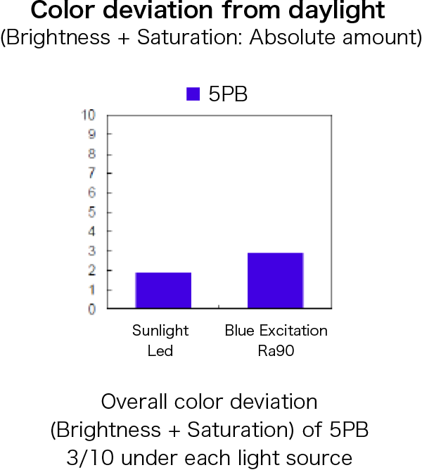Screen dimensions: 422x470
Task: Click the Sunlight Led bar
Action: coord(163,290)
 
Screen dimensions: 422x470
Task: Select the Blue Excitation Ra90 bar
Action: coord(276,280)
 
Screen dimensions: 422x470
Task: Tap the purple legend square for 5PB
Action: coord(193,94)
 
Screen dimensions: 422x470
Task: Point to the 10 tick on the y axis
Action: coord(89,115)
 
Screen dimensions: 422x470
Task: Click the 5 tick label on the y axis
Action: coord(91,212)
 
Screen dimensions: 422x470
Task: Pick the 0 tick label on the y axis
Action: coord(91,309)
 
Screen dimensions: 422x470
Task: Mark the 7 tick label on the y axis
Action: coord(91,173)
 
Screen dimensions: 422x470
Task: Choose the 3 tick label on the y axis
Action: coord(91,251)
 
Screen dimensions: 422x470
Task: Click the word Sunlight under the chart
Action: coord(160,331)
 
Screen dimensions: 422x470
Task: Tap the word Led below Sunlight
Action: coord(160,350)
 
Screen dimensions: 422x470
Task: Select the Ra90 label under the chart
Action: coord(276,350)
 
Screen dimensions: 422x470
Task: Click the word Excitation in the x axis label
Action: coord(293,331)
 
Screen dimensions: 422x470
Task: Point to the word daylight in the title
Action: coord(337,11)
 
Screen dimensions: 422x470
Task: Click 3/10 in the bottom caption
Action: coord(90,458)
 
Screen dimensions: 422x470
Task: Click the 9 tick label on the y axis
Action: coord(91,134)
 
